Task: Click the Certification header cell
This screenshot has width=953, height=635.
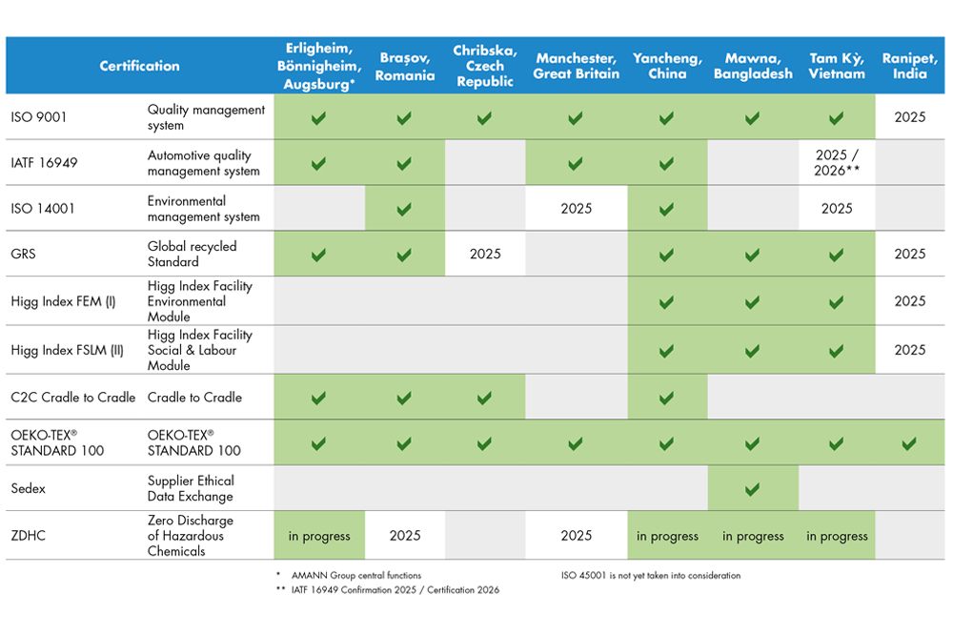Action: [x=139, y=66]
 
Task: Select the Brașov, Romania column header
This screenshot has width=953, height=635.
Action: [x=405, y=66]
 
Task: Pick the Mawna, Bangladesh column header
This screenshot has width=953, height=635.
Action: [x=752, y=66]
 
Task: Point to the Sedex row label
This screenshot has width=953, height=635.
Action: [x=29, y=488]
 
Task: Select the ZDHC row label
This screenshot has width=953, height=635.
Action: [x=28, y=536]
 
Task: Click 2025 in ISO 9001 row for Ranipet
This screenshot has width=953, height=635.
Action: [x=910, y=117]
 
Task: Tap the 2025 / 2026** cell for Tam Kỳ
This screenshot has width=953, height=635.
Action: [x=837, y=162]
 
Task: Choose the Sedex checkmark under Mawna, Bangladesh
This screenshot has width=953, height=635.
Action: [x=752, y=489]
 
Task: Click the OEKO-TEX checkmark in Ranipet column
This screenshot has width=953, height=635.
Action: [x=909, y=443]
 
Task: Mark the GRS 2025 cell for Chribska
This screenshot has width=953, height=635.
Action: [x=484, y=254]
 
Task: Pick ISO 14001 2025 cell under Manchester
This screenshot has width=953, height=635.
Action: [x=577, y=208]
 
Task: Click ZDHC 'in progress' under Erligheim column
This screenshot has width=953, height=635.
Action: [x=319, y=536]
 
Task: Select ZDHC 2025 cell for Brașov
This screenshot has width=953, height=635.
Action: [x=405, y=536]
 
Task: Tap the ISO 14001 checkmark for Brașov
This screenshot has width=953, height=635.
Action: [x=405, y=208]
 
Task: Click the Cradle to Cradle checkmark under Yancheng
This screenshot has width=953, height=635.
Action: [x=667, y=398]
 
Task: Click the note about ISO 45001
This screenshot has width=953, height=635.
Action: [x=651, y=576]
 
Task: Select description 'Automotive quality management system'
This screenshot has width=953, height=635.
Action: [x=203, y=163]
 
